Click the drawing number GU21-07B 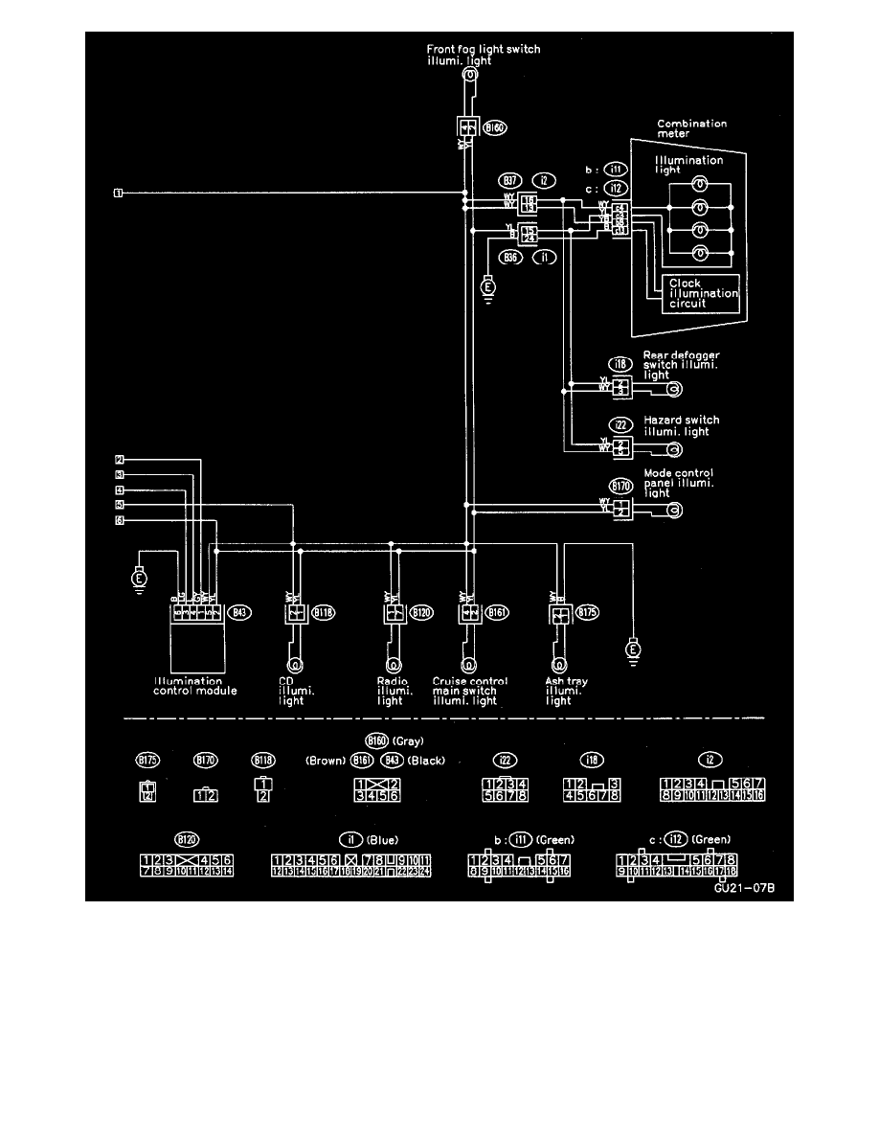click(x=742, y=888)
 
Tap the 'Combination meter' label click(x=691, y=129)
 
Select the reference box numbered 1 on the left click(x=118, y=193)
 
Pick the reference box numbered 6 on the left click(x=120, y=520)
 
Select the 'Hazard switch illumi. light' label click(x=681, y=425)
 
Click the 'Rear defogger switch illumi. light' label click(x=681, y=365)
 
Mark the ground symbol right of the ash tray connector click(x=631, y=651)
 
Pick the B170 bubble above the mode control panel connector click(x=621, y=486)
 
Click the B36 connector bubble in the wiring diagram click(x=509, y=257)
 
